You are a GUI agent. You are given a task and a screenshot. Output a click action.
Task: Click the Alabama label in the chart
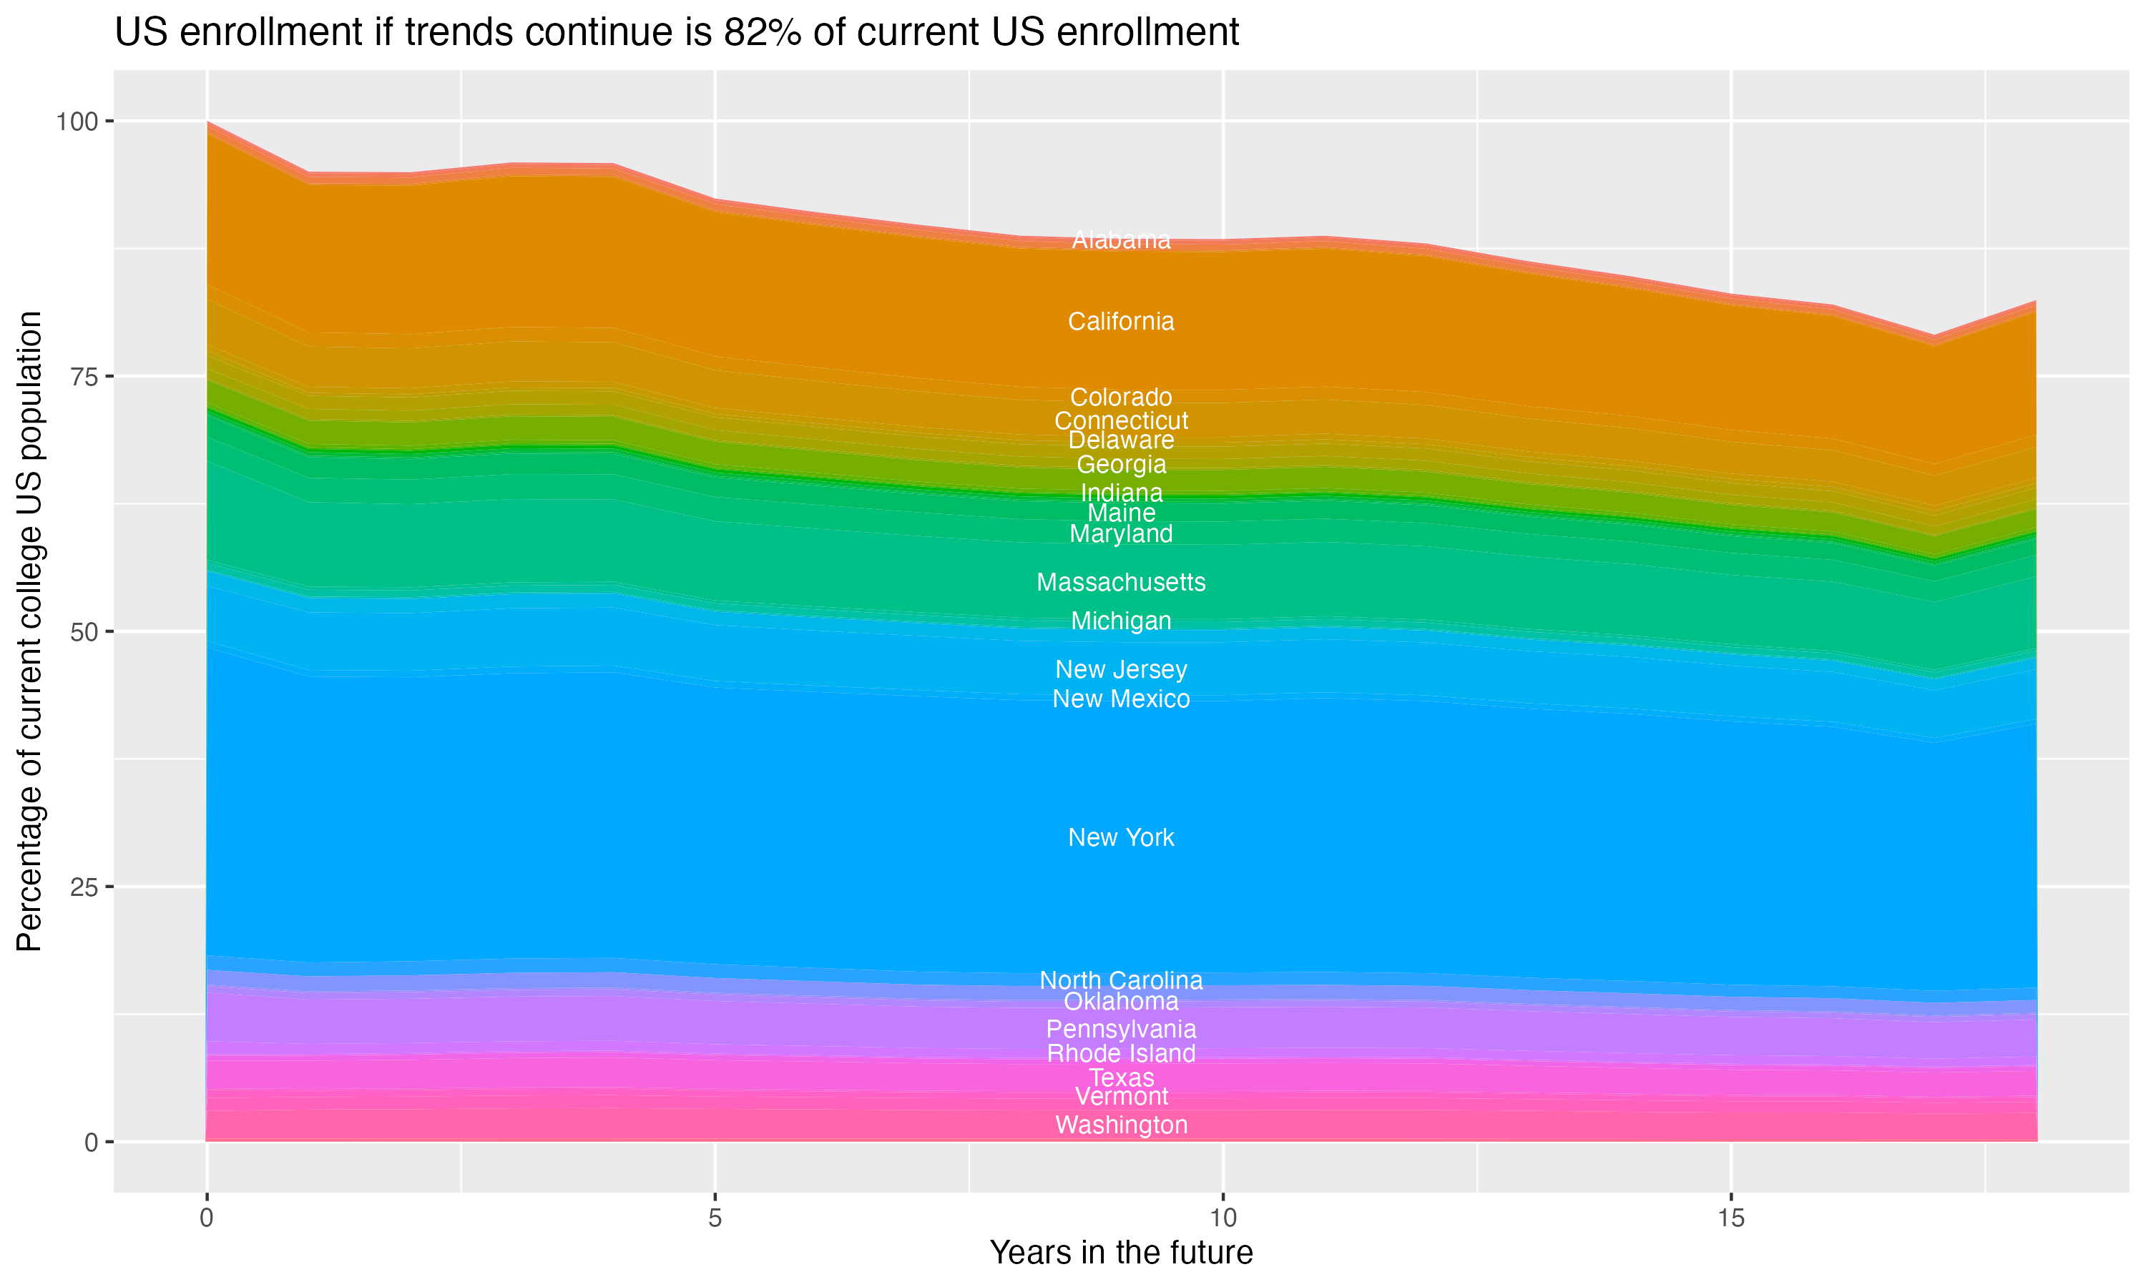click(1121, 240)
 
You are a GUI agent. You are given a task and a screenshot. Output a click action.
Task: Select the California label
click(1121, 322)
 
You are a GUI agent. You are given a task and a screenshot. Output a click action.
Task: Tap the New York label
click(1121, 838)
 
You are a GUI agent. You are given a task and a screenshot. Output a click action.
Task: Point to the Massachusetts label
click(1121, 582)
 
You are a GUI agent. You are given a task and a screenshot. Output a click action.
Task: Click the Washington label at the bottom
click(1121, 1125)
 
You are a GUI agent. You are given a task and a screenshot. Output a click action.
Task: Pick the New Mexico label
click(1121, 699)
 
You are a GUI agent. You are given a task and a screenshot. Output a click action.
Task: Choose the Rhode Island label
click(1121, 1054)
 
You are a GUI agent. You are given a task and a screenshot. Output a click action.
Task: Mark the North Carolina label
click(1121, 981)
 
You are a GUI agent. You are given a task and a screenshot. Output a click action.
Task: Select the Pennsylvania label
click(1121, 1030)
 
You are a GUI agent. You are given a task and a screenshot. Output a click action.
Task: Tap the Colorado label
click(1121, 398)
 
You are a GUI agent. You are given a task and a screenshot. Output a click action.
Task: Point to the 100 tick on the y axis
click(77, 122)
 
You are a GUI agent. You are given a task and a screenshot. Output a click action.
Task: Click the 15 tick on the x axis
click(1730, 1218)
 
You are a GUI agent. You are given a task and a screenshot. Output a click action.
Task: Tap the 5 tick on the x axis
click(715, 1218)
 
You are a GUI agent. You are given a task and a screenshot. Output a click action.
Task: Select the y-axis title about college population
click(30, 631)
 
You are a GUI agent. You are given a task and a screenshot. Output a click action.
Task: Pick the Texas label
click(1121, 1078)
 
